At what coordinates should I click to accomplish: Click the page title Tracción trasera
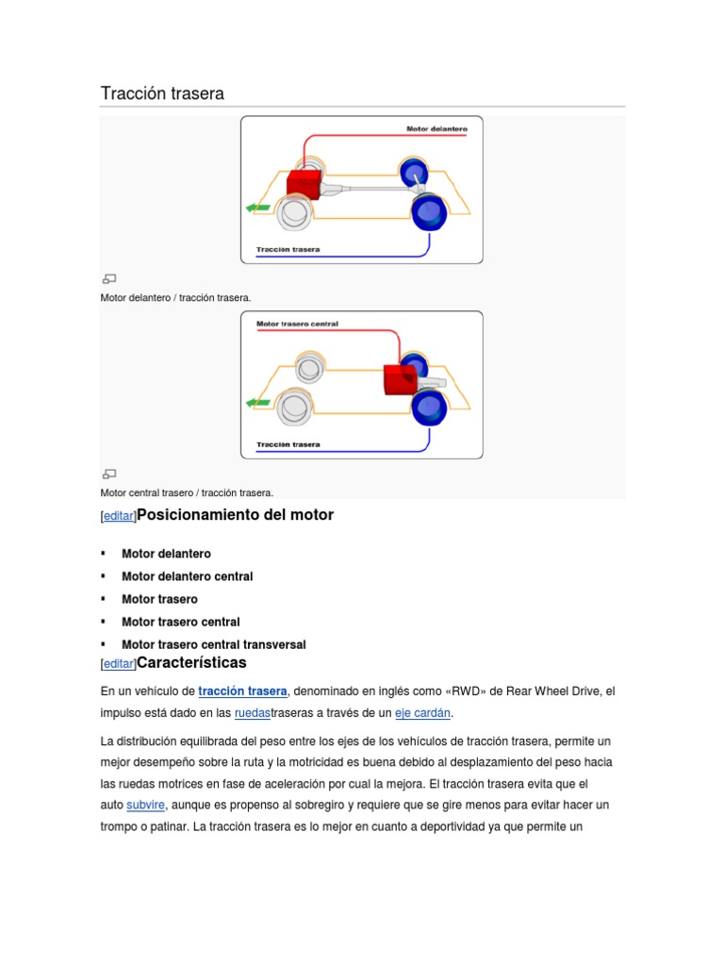tap(162, 93)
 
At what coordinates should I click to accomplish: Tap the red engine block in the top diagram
tap(304, 188)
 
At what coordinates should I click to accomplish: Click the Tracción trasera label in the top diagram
tap(288, 250)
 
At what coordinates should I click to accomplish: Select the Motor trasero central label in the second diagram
tap(297, 324)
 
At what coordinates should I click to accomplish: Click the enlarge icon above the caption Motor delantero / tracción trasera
tap(109, 278)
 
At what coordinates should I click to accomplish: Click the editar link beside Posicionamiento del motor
tap(119, 517)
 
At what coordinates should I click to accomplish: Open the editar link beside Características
tap(119, 664)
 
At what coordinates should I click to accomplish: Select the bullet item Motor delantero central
tap(187, 576)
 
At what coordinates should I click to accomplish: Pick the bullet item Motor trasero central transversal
tap(213, 644)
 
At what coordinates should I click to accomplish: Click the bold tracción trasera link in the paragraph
tap(242, 691)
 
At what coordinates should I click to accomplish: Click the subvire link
tap(146, 805)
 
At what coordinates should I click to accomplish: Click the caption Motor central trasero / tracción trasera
tap(187, 492)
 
